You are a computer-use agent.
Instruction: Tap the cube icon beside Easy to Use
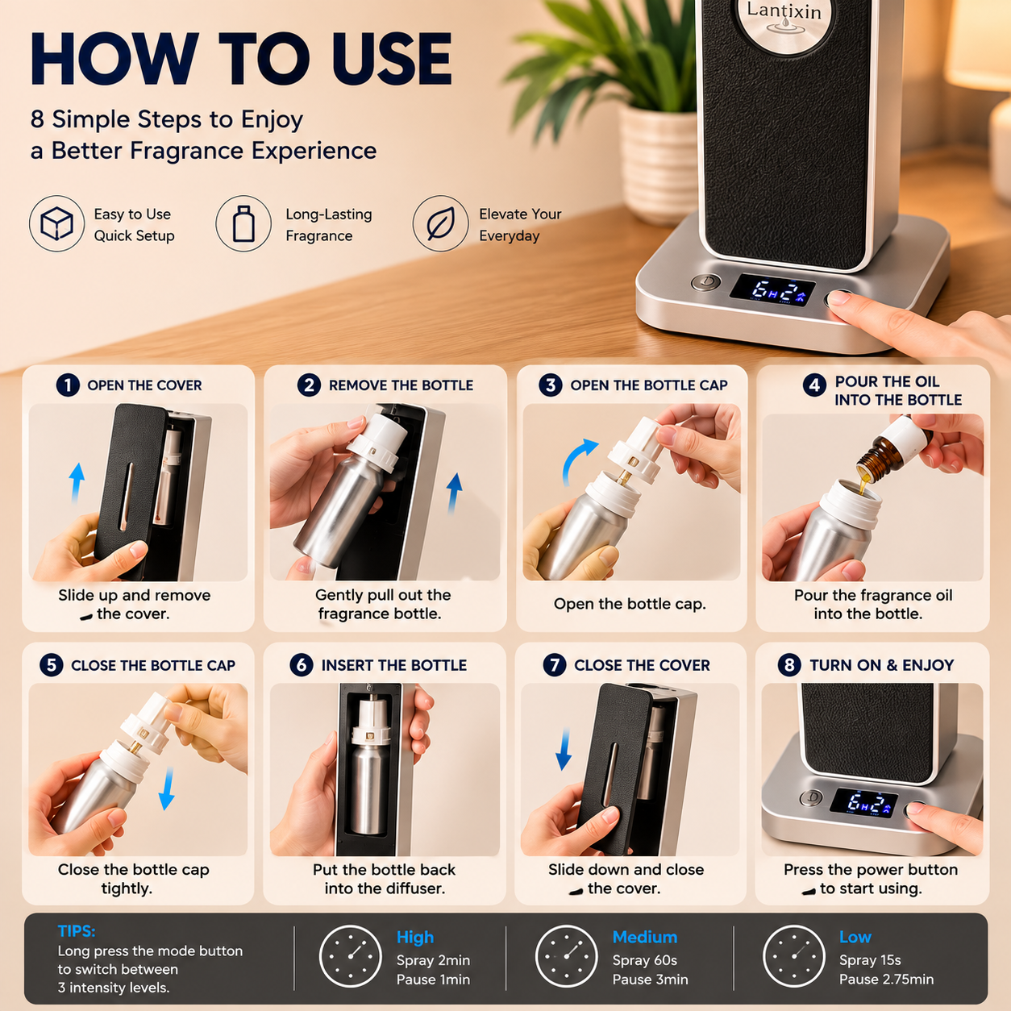(56, 223)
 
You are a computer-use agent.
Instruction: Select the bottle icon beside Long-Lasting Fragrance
(243, 223)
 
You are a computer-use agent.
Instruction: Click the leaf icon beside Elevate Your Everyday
(440, 223)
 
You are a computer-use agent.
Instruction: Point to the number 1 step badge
(68, 385)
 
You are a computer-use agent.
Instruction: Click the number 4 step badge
(814, 386)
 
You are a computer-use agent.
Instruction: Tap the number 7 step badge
(555, 665)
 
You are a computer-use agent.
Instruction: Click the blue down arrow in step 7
(564, 749)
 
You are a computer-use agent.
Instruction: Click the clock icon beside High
(350, 956)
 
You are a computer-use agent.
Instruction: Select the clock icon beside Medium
(567, 956)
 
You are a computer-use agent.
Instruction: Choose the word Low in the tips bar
(855, 937)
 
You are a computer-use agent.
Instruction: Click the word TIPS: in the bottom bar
(77, 930)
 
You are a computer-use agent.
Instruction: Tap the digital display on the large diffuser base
(773, 289)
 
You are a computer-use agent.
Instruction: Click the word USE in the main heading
(391, 58)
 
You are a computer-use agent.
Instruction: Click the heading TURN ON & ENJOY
(881, 665)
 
